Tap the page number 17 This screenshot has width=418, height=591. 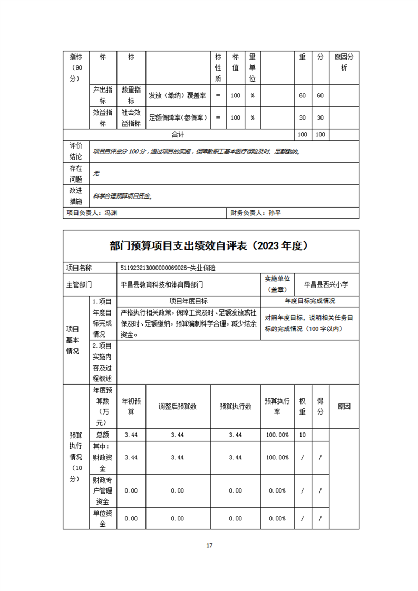(209, 545)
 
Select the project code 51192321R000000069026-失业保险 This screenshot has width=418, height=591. (168, 268)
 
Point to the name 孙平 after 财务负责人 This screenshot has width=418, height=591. (275, 213)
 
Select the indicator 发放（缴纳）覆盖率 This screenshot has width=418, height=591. (177, 95)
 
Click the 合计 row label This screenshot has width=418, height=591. (178, 135)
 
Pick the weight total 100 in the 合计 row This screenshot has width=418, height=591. (302, 135)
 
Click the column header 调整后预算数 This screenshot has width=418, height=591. (178, 407)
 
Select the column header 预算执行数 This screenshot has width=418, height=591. (236, 407)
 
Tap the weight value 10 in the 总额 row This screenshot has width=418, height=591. (302, 435)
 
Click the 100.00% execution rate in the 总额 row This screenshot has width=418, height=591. (277, 435)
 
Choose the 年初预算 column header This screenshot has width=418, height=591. (131, 407)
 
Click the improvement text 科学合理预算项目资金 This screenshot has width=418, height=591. (123, 196)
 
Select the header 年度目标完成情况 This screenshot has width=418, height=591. (310, 301)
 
